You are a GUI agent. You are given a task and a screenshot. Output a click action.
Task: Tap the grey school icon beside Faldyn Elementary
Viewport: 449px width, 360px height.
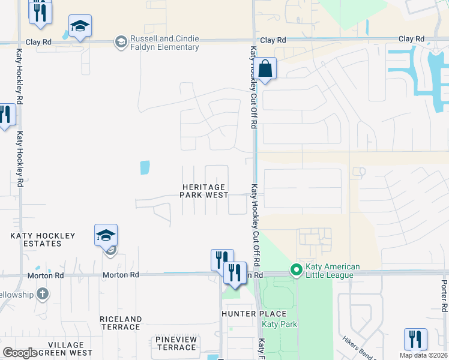coord(121,41)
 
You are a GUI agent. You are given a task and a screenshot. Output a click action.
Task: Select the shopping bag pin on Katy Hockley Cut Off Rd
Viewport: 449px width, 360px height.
coord(265,68)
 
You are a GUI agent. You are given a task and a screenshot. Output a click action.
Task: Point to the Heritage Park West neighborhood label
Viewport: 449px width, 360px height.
coord(205,191)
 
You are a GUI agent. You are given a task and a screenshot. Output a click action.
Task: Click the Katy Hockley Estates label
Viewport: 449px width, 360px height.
coord(43,240)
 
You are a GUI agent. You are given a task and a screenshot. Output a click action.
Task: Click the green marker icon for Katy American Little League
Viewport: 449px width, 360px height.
coord(295,270)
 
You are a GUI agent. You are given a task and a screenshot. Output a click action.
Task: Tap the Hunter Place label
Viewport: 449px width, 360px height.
coord(254,314)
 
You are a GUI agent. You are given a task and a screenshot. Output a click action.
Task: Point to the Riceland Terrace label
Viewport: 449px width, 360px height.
coord(121,323)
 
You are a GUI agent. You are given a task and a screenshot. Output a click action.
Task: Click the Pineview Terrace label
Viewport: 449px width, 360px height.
coord(175,343)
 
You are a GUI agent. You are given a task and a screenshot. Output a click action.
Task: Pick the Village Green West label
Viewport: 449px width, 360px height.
coord(66,349)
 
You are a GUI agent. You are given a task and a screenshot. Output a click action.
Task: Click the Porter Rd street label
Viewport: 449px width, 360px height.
coord(444,296)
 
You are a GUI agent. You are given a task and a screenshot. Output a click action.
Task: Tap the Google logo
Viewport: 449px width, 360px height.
coord(20,353)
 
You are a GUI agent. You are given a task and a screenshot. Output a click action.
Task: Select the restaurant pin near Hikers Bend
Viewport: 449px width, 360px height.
coord(415,339)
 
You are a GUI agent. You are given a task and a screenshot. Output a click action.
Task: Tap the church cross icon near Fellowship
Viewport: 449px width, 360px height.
coord(42,294)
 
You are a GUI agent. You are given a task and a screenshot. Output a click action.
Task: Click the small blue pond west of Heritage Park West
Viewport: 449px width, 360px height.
coord(145,167)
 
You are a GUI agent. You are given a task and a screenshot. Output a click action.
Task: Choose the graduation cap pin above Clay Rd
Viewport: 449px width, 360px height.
coord(80,26)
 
